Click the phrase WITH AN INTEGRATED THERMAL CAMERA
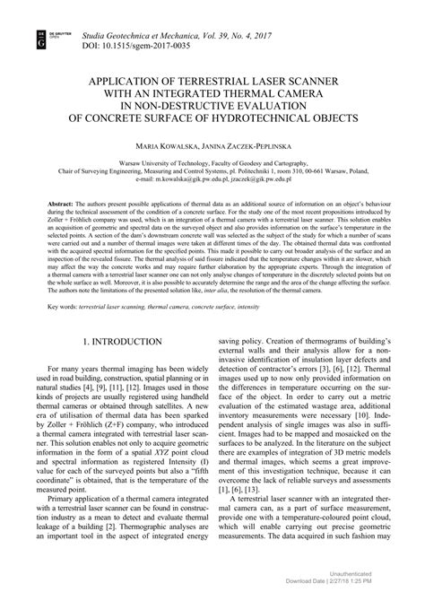(x=212, y=93)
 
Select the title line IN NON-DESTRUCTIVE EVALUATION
(x=212, y=106)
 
